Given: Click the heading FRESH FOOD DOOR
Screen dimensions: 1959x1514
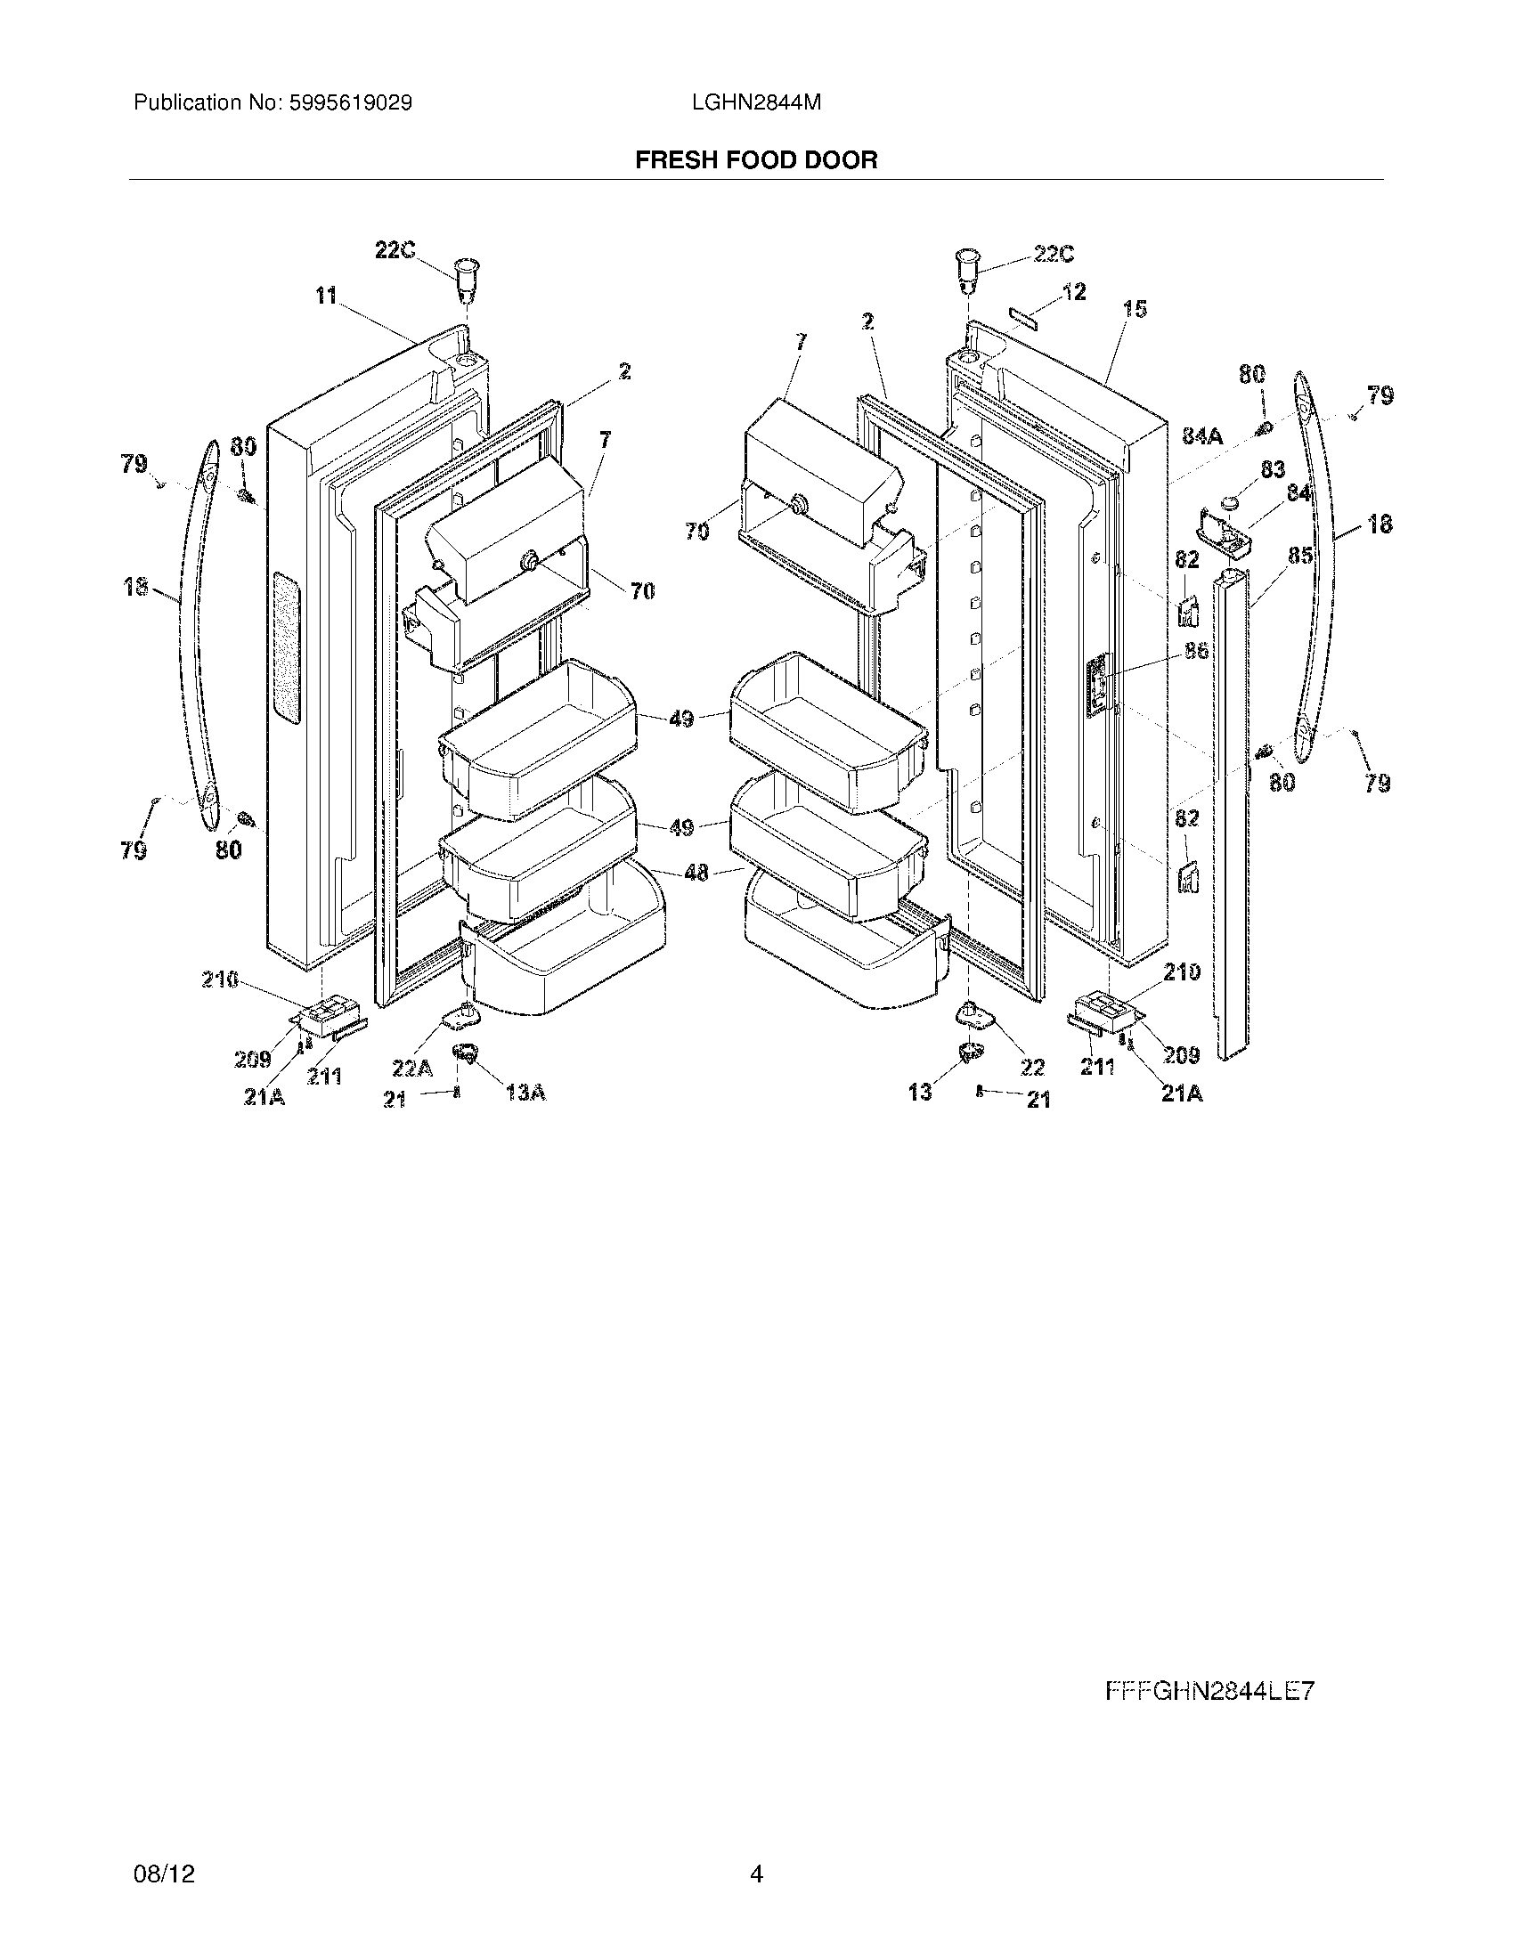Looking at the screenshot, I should click(x=756, y=160).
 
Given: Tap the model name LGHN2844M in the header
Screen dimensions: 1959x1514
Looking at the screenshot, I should click(x=756, y=103).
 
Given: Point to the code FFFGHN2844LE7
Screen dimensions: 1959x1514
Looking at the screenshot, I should click(x=1209, y=1692).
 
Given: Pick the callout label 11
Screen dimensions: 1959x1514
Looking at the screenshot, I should click(x=326, y=295).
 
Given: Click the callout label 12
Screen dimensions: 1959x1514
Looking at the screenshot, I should click(x=1074, y=291).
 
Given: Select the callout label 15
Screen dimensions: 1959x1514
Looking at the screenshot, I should click(x=1135, y=310).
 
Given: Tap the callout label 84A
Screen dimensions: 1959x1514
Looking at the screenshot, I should click(x=1202, y=436).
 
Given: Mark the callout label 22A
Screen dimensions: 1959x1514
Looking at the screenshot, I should click(x=411, y=1068).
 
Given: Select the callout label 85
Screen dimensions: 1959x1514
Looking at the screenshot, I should click(x=1299, y=557).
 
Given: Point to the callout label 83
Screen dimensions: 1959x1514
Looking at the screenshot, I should click(x=1273, y=469).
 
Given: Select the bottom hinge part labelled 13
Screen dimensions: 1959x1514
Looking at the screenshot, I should click(x=968, y=1052).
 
